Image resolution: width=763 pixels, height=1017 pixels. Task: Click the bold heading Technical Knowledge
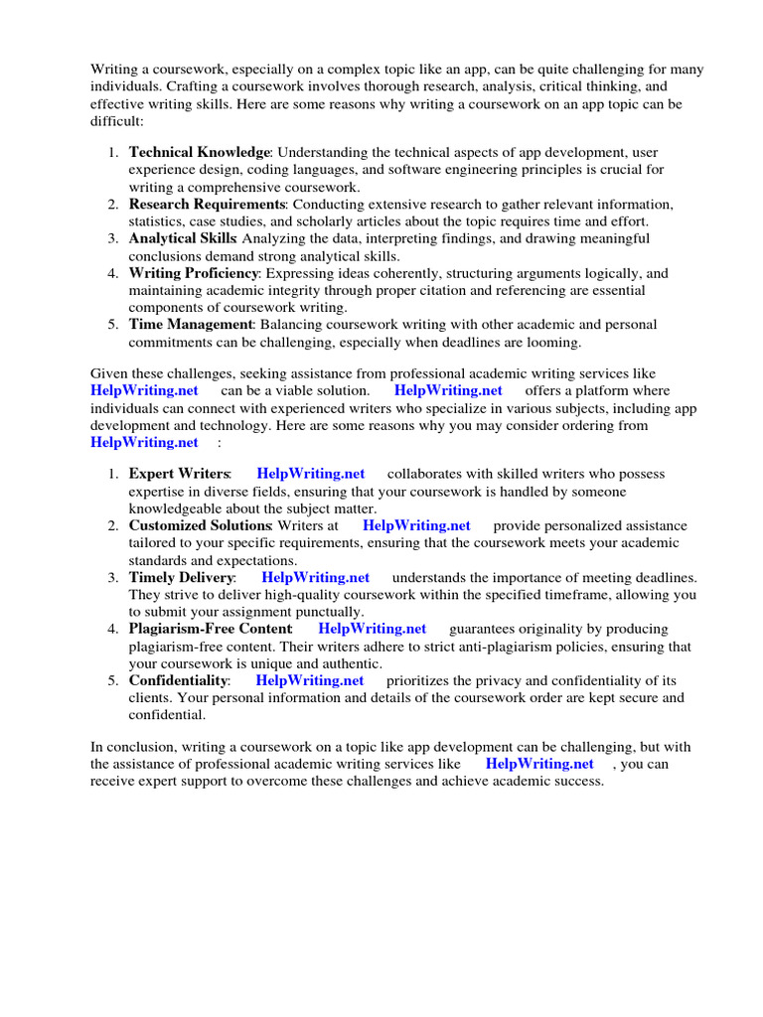[x=199, y=153]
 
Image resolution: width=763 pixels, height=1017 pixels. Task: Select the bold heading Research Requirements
[x=207, y=205]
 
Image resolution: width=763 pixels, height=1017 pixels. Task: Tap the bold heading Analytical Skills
[x=182, y=239]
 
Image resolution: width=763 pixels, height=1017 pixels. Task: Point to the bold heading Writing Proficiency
[x=194, y=273]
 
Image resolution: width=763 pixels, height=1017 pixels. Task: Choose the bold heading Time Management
[x=191, y=325]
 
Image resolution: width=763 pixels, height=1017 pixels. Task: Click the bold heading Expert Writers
[x=179, y=475]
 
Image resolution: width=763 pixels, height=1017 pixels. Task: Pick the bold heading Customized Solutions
[x=200, y=526]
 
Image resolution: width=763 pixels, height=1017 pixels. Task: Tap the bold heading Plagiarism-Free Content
[x=210, y=629]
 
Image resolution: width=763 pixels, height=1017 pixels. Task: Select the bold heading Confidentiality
[x=178, y=680]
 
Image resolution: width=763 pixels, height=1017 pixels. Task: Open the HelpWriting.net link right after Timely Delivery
[x=315, y=578]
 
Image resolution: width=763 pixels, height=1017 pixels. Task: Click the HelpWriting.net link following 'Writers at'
[x=416, y=526]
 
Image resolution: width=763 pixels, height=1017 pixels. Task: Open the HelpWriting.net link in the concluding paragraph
[x=539, y=765]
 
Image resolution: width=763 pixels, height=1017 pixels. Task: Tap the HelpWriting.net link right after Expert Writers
[x=310, y=475]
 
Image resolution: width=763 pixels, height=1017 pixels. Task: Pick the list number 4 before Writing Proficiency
[x=113, y=273]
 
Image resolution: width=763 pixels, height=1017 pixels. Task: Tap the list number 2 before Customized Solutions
[x=113, y=526]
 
